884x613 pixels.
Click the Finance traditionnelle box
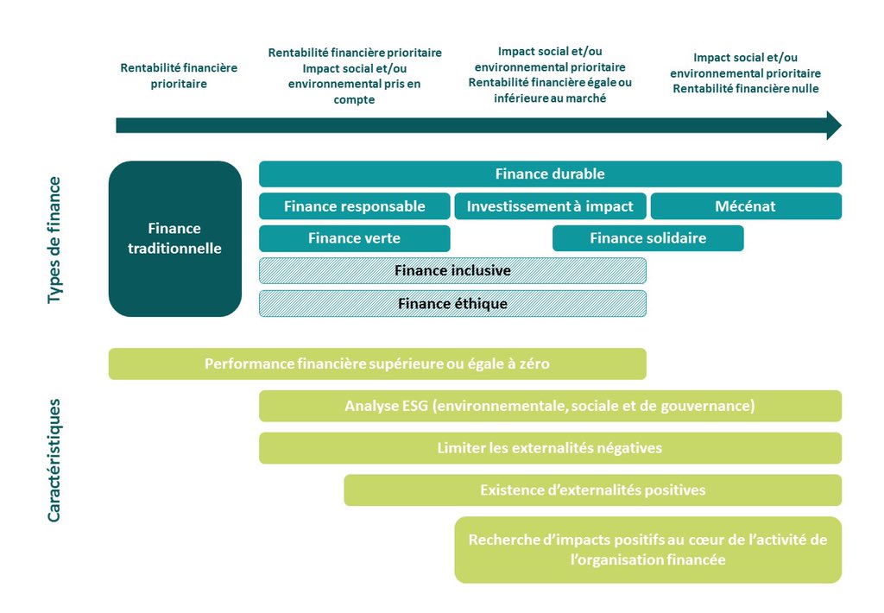coord(174,238)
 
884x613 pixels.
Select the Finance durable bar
coord(550,174)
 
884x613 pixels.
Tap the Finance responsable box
coord(354,206)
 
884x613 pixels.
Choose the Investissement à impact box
coord(550,206)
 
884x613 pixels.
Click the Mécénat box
coord(745,206)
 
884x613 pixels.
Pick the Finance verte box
coord(354,238)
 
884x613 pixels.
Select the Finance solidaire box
coord(647,238)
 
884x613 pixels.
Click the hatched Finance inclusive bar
coord(452,270)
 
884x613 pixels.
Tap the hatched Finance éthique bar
coord(452,303)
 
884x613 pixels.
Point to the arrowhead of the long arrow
coord(833,125)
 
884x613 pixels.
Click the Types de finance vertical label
coord(54,239)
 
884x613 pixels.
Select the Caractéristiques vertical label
coord(54,459)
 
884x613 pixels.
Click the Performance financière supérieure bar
coord(376,363)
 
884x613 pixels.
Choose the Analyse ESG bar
coord(550,406)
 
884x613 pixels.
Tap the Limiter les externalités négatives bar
coord(550,448)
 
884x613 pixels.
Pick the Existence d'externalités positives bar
coord(592,490)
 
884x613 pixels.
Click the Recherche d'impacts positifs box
coord(647,550)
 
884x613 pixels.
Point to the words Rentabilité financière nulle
coord(745,89)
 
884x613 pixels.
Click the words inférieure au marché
coord(550,98)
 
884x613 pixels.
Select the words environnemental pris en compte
coord(354,92)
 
